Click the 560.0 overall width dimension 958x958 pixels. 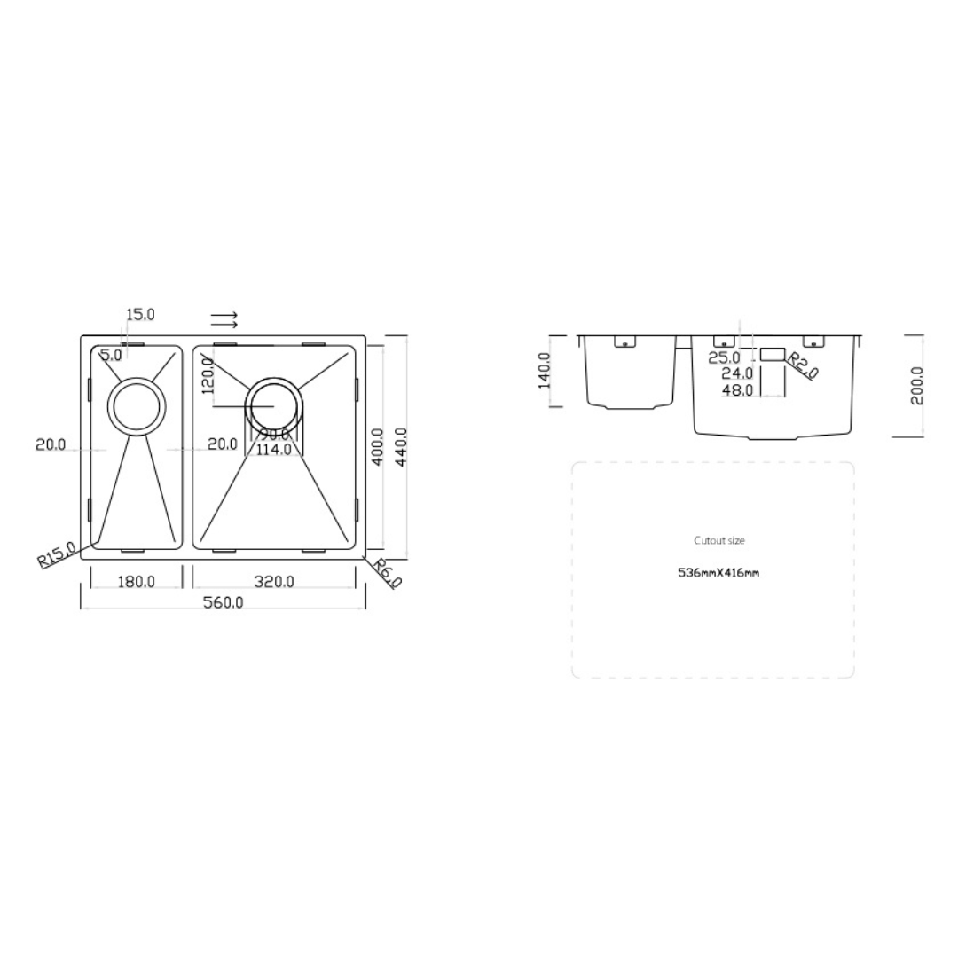tap(224, 602)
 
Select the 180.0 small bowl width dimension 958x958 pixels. tap(137, 582)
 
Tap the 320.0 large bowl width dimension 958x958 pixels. tap(274, 582)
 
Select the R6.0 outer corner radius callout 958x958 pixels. tap(387, 572)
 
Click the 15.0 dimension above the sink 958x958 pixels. tap(140, 314)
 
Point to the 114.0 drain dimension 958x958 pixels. tap(273, 450)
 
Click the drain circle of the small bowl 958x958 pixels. tap(136, 406)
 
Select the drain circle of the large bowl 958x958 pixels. tap(276, 406)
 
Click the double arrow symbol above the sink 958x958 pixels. tap(224, 319)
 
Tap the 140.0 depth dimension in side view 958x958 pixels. tap(545, 370)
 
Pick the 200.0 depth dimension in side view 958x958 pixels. tap(917, 386)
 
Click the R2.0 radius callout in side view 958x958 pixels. tap(804, 365)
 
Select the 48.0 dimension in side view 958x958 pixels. tap(737, 389)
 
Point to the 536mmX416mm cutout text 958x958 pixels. tap(718, 573)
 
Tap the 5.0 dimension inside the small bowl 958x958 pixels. tap(111, 356)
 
